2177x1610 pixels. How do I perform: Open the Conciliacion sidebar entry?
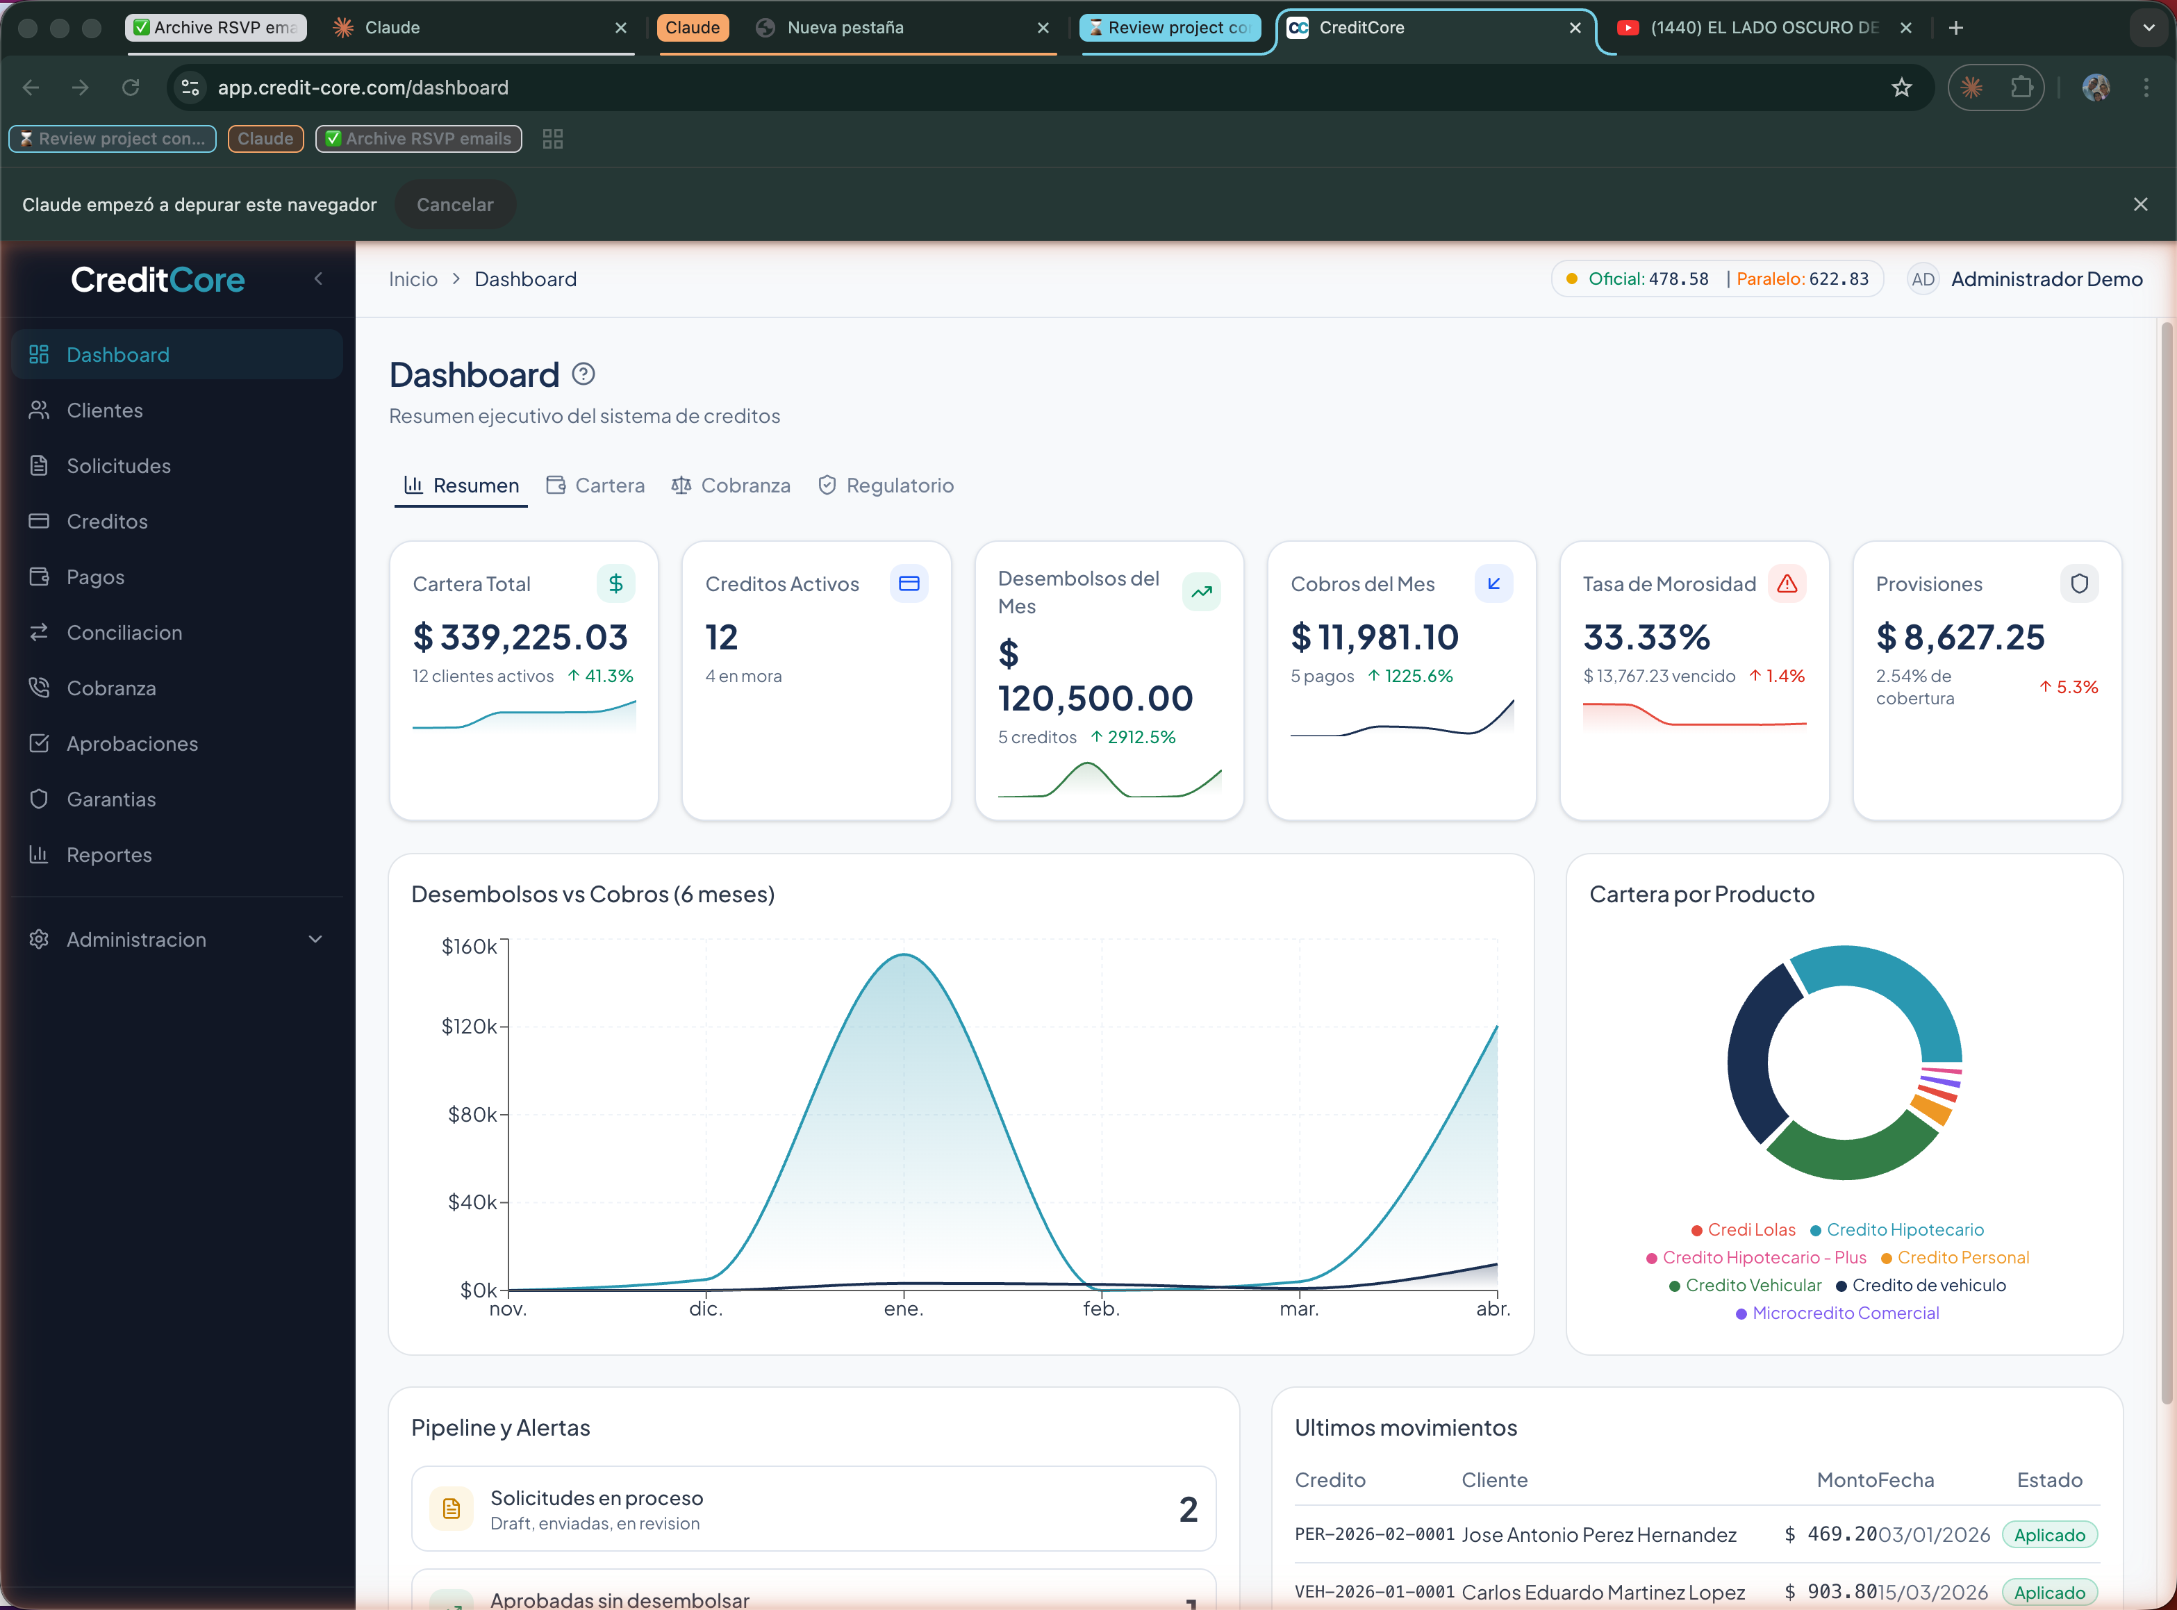[x=124, y=633]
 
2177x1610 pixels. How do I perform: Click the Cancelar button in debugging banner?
[x=455, y=205]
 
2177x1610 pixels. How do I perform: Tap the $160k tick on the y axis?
[x=470, y=946]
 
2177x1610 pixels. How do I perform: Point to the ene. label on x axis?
[x=903, y=1309]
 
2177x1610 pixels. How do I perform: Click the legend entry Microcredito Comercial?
[x=1845, y=1313]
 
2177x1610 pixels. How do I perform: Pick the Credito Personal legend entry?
[x=1962, y=1257]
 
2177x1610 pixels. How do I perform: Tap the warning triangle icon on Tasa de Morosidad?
[x=1786, y=583]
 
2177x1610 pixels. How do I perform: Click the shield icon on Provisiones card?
[x=2078, y=583]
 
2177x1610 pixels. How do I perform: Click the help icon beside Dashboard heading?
[x=583, y=374]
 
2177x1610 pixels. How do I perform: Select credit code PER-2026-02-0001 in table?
[x=1374, y=1534]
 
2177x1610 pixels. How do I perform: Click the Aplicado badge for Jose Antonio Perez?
[x=2048, y=1535]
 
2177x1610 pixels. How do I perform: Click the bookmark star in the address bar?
[x=1901, y=88]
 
